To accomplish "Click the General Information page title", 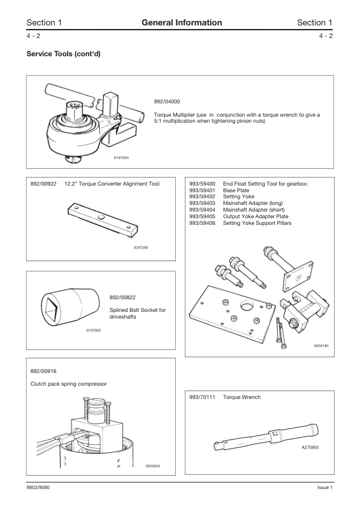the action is click(182, 22).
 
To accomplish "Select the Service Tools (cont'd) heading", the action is click(63, 54).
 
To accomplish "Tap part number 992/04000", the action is click(167, 102).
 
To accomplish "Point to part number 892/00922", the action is click(43, 184).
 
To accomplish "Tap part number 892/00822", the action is click(123, 297).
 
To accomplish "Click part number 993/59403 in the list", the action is click(202, 203).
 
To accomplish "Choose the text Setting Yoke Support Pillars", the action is click(257, 223).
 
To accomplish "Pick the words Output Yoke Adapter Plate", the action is click(256, 216).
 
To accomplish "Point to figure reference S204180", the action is click(321, 346).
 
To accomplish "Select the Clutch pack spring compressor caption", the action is click(69, 384).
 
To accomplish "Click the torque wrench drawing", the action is click(266, 437).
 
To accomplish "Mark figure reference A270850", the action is click(310, 447).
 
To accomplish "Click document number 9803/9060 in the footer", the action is click(38, 488).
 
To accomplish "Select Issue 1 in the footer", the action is click(325, 488).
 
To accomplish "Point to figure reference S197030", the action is click(121, 158).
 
